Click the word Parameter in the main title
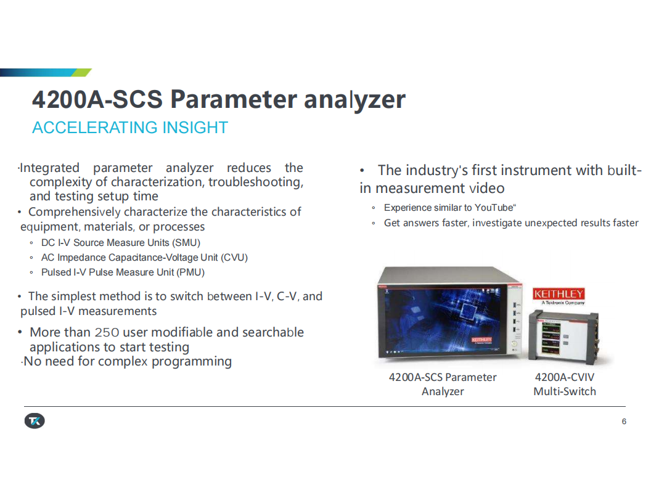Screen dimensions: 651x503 (234, 100)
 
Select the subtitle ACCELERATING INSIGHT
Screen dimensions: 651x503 (130, 128)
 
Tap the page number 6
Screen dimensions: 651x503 (624, 421)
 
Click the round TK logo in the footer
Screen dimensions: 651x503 (35, 421)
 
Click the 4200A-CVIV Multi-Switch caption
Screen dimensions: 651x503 (565, 384)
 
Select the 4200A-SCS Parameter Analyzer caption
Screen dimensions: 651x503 (443, 384)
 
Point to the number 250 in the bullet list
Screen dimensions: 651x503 (107, 332)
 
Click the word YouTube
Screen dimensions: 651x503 (494, 208)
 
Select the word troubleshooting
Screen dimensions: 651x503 (256, 182)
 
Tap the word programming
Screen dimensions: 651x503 (191, 361)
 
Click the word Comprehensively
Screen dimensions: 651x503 (75, 212)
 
